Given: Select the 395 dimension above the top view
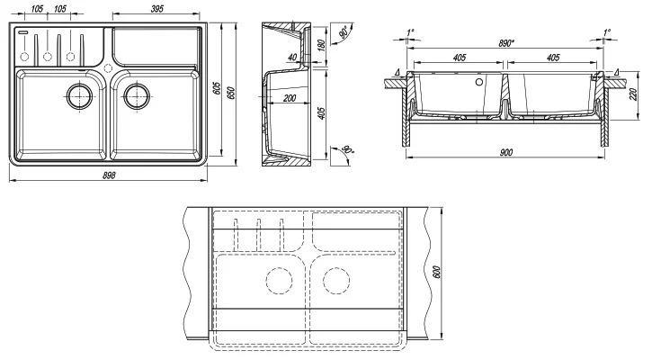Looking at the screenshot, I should (156, 9).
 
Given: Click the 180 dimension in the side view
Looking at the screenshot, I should (321, 45).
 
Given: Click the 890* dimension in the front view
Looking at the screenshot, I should (506, 42).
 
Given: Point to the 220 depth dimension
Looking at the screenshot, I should (632, 94).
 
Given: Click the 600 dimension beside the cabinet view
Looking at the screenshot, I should (437, 272).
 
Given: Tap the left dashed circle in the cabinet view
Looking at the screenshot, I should (279, 281).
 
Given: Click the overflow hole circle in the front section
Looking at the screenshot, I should (478, 81).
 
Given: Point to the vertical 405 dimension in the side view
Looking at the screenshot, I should (321, 114).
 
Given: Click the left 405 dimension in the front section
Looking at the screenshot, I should (459, 58).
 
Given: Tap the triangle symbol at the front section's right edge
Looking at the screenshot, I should (615, 71).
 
